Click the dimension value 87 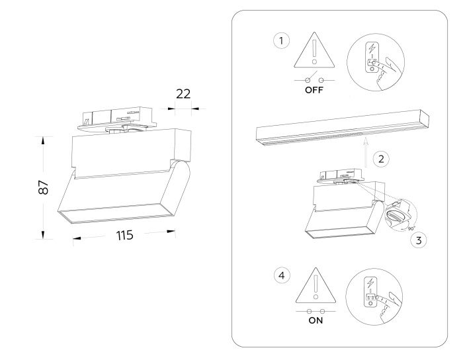[x=43, y=188]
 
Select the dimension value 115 [x=123, y=235]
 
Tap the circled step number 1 [x=282, y=41]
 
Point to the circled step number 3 [x=417, y=240]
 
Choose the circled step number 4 [x=282, y=274]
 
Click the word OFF [x=314, y=91]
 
